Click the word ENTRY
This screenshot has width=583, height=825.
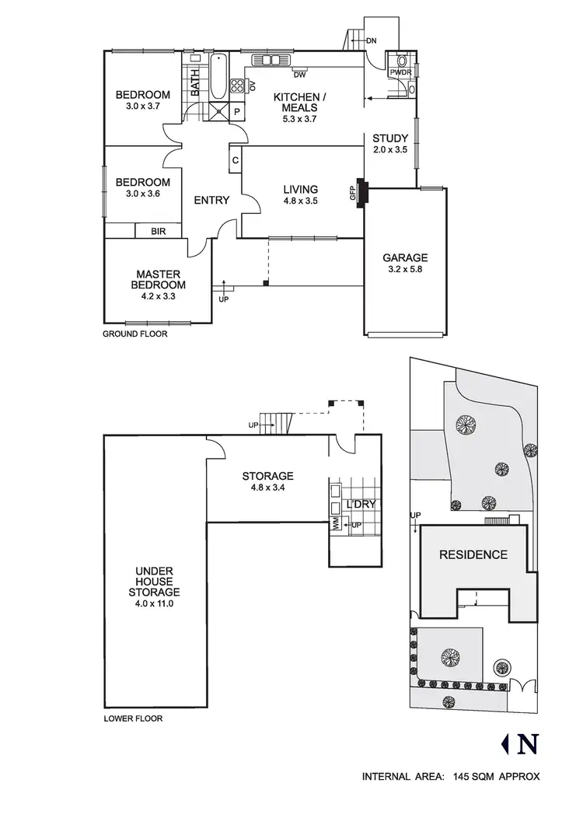tap(211, 201)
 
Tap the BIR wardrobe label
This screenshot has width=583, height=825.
tap(158, 231)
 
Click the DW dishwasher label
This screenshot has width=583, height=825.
tap(299, 75)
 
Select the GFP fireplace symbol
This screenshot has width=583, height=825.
tap(360, 191)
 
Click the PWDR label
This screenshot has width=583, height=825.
tap(400, 72)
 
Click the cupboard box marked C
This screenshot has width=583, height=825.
tap(235, 161)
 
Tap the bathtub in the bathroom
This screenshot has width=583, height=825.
tap(218, 76)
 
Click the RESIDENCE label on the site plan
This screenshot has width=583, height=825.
tap(473, 555)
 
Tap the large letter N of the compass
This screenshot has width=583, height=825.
tap(528, 744)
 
